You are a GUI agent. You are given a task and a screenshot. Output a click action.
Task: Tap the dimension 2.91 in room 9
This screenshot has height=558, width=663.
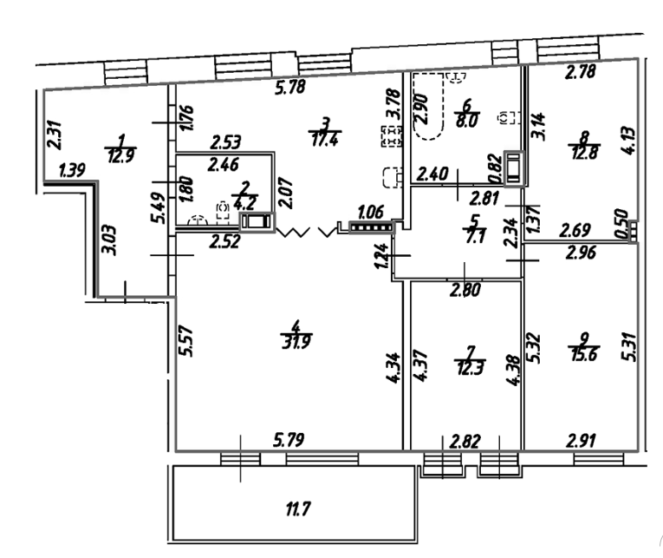[x=581, y=441]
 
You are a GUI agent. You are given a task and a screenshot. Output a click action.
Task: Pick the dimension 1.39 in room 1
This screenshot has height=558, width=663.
[x=70, y=174]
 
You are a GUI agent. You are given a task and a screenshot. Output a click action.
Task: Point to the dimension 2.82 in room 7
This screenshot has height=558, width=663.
[x=465, y=441]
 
